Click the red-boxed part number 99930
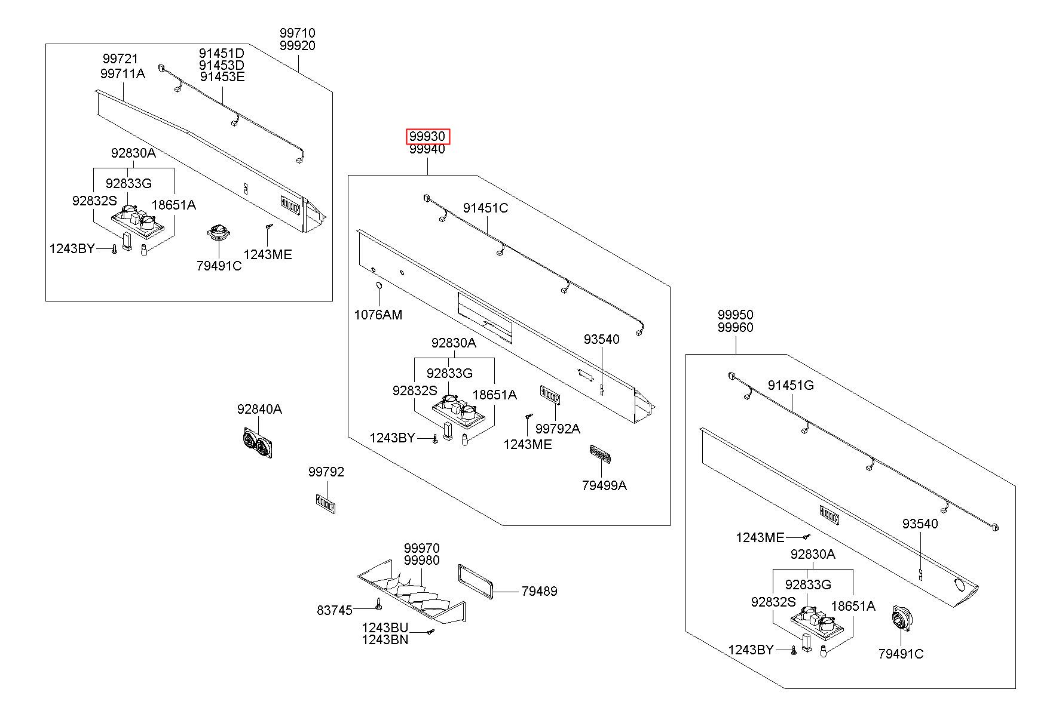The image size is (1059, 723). [x=427, y=137]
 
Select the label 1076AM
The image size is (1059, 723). [x=378, y=315]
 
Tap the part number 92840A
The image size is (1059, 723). [x=259, y=409]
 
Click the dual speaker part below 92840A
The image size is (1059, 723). [x=259, y=444]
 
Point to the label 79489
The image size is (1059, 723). [x=539, y=591]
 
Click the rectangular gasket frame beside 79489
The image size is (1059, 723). [x=476, y=582]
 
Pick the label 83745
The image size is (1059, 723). [x=335, y=610]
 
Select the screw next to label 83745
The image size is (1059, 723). [x=379, y=604]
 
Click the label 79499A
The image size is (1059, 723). [x=604, y=485]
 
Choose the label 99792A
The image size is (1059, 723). [x=558, y=429]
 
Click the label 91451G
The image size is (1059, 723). [x=791, y=385]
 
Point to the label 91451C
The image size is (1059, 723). [x=485, y=208]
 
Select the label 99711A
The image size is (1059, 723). [x=123, y=73]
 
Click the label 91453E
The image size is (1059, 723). [x=222, y=76]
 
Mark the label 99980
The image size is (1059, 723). [x=421, y=561]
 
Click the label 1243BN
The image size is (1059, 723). [x=385, y=640]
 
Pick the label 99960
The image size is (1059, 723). [x=735, y=327]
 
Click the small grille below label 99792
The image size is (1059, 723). [x=326, y=503]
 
